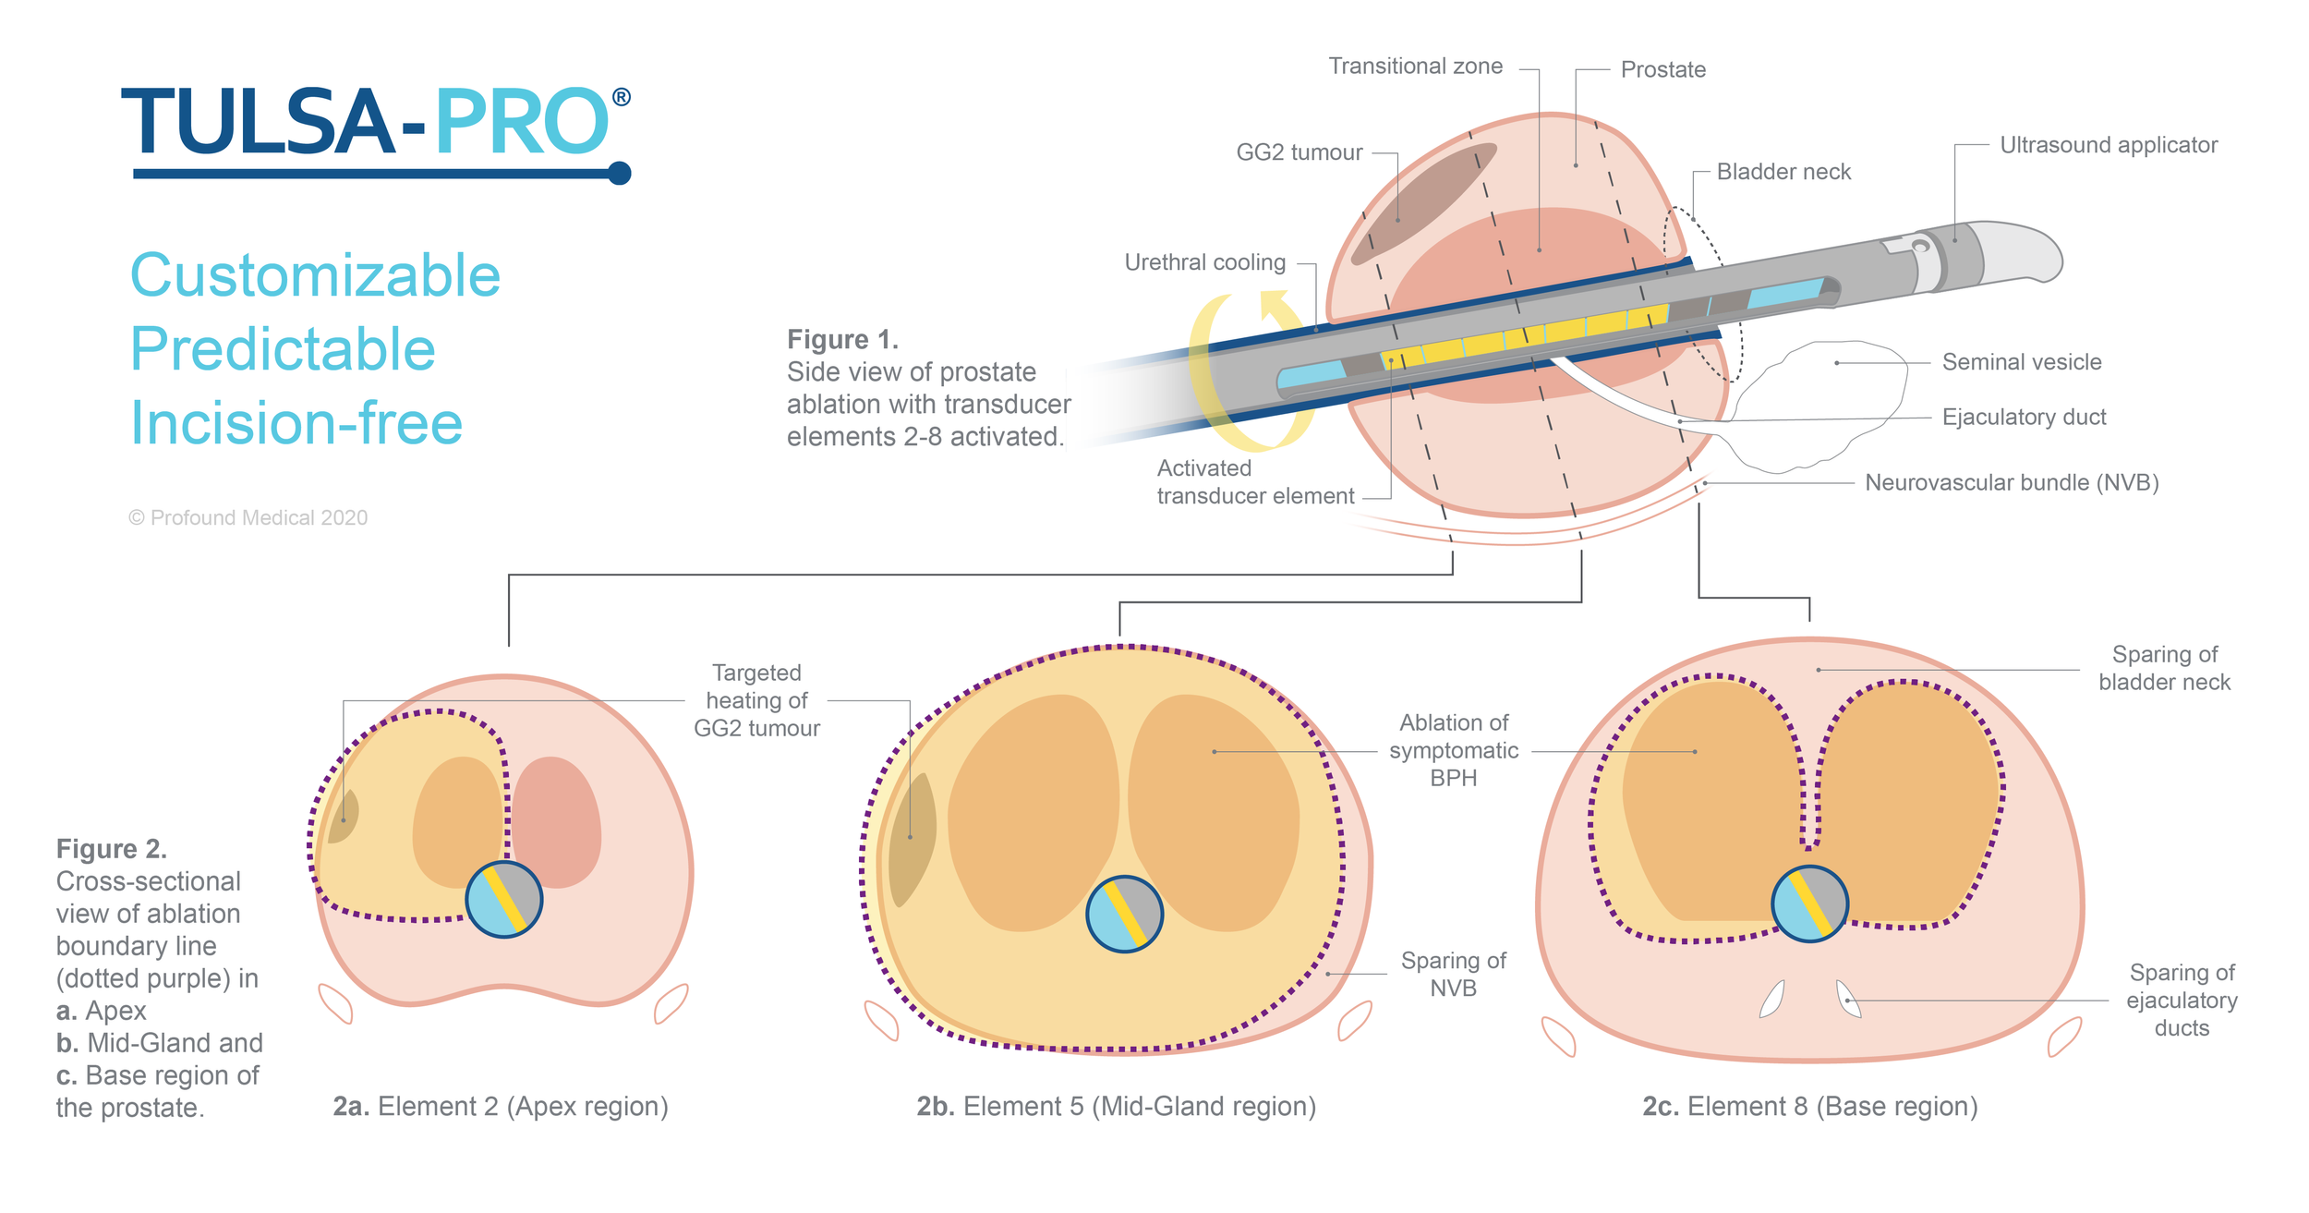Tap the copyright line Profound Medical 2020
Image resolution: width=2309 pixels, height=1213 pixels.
pyautogui.click(x=248, y=518)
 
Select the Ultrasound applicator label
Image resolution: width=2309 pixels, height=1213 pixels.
pyautogui.click(x=2108, y=145)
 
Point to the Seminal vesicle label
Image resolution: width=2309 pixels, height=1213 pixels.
pyautogui.click(x=2021, y=362)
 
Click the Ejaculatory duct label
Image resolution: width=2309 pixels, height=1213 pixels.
pyautogui.click(x=2024, y=418)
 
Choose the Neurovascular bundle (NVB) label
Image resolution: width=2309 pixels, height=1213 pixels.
pyautogui.click(x=2012, y=483)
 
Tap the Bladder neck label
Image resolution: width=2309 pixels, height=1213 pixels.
pyautogui.click(x=1783, y=172)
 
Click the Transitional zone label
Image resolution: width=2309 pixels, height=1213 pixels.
pyautogui.click(x=1415, y=67)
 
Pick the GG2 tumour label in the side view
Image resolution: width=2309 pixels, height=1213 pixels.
pyautogui.click(x=1299, y=152)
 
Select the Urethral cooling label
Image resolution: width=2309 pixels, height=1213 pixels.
pyautogui.click(x=1204, y=262)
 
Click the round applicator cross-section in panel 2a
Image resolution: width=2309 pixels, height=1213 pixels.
pyautogui.click(x=503, y=900)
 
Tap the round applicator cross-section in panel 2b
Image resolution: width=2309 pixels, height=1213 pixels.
pyautogui.click(x=1124, y=915)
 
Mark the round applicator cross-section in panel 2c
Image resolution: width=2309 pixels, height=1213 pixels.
pyautogui.click(x=1809, y=904)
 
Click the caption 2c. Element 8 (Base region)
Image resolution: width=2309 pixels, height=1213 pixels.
pyautogui.click(x=1809, y=1107)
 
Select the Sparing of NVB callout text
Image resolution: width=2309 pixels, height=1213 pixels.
pyautogui.click(x=1453, y=975)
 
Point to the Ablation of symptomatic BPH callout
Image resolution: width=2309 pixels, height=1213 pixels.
pyautogui.click(x=1453, y=750)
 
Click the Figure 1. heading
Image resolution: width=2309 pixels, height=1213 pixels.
pyautogui.click(x=842, y=340)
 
